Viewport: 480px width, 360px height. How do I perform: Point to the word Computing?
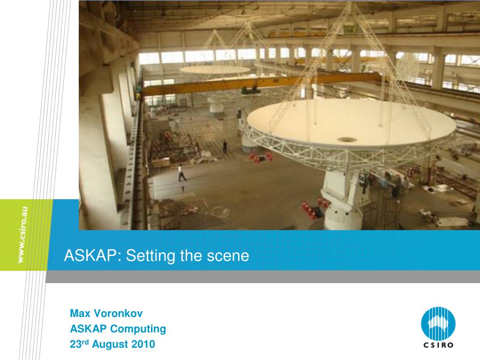[138, 329]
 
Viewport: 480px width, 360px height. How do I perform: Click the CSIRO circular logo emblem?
[438, 323]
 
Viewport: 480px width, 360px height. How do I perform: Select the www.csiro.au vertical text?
[22, 235]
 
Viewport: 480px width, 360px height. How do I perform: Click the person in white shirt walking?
[181, 173]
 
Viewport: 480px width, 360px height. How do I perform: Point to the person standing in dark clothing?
[225, 147]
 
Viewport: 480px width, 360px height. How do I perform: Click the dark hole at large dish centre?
[347, 140]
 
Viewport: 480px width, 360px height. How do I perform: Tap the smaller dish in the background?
[215, 70]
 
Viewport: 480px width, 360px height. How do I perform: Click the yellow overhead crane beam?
[260, 83]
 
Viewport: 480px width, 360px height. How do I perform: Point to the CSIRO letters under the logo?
[438, 345]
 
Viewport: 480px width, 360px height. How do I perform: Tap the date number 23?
[75, 345]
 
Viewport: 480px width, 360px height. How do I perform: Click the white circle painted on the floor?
[220, 211]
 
